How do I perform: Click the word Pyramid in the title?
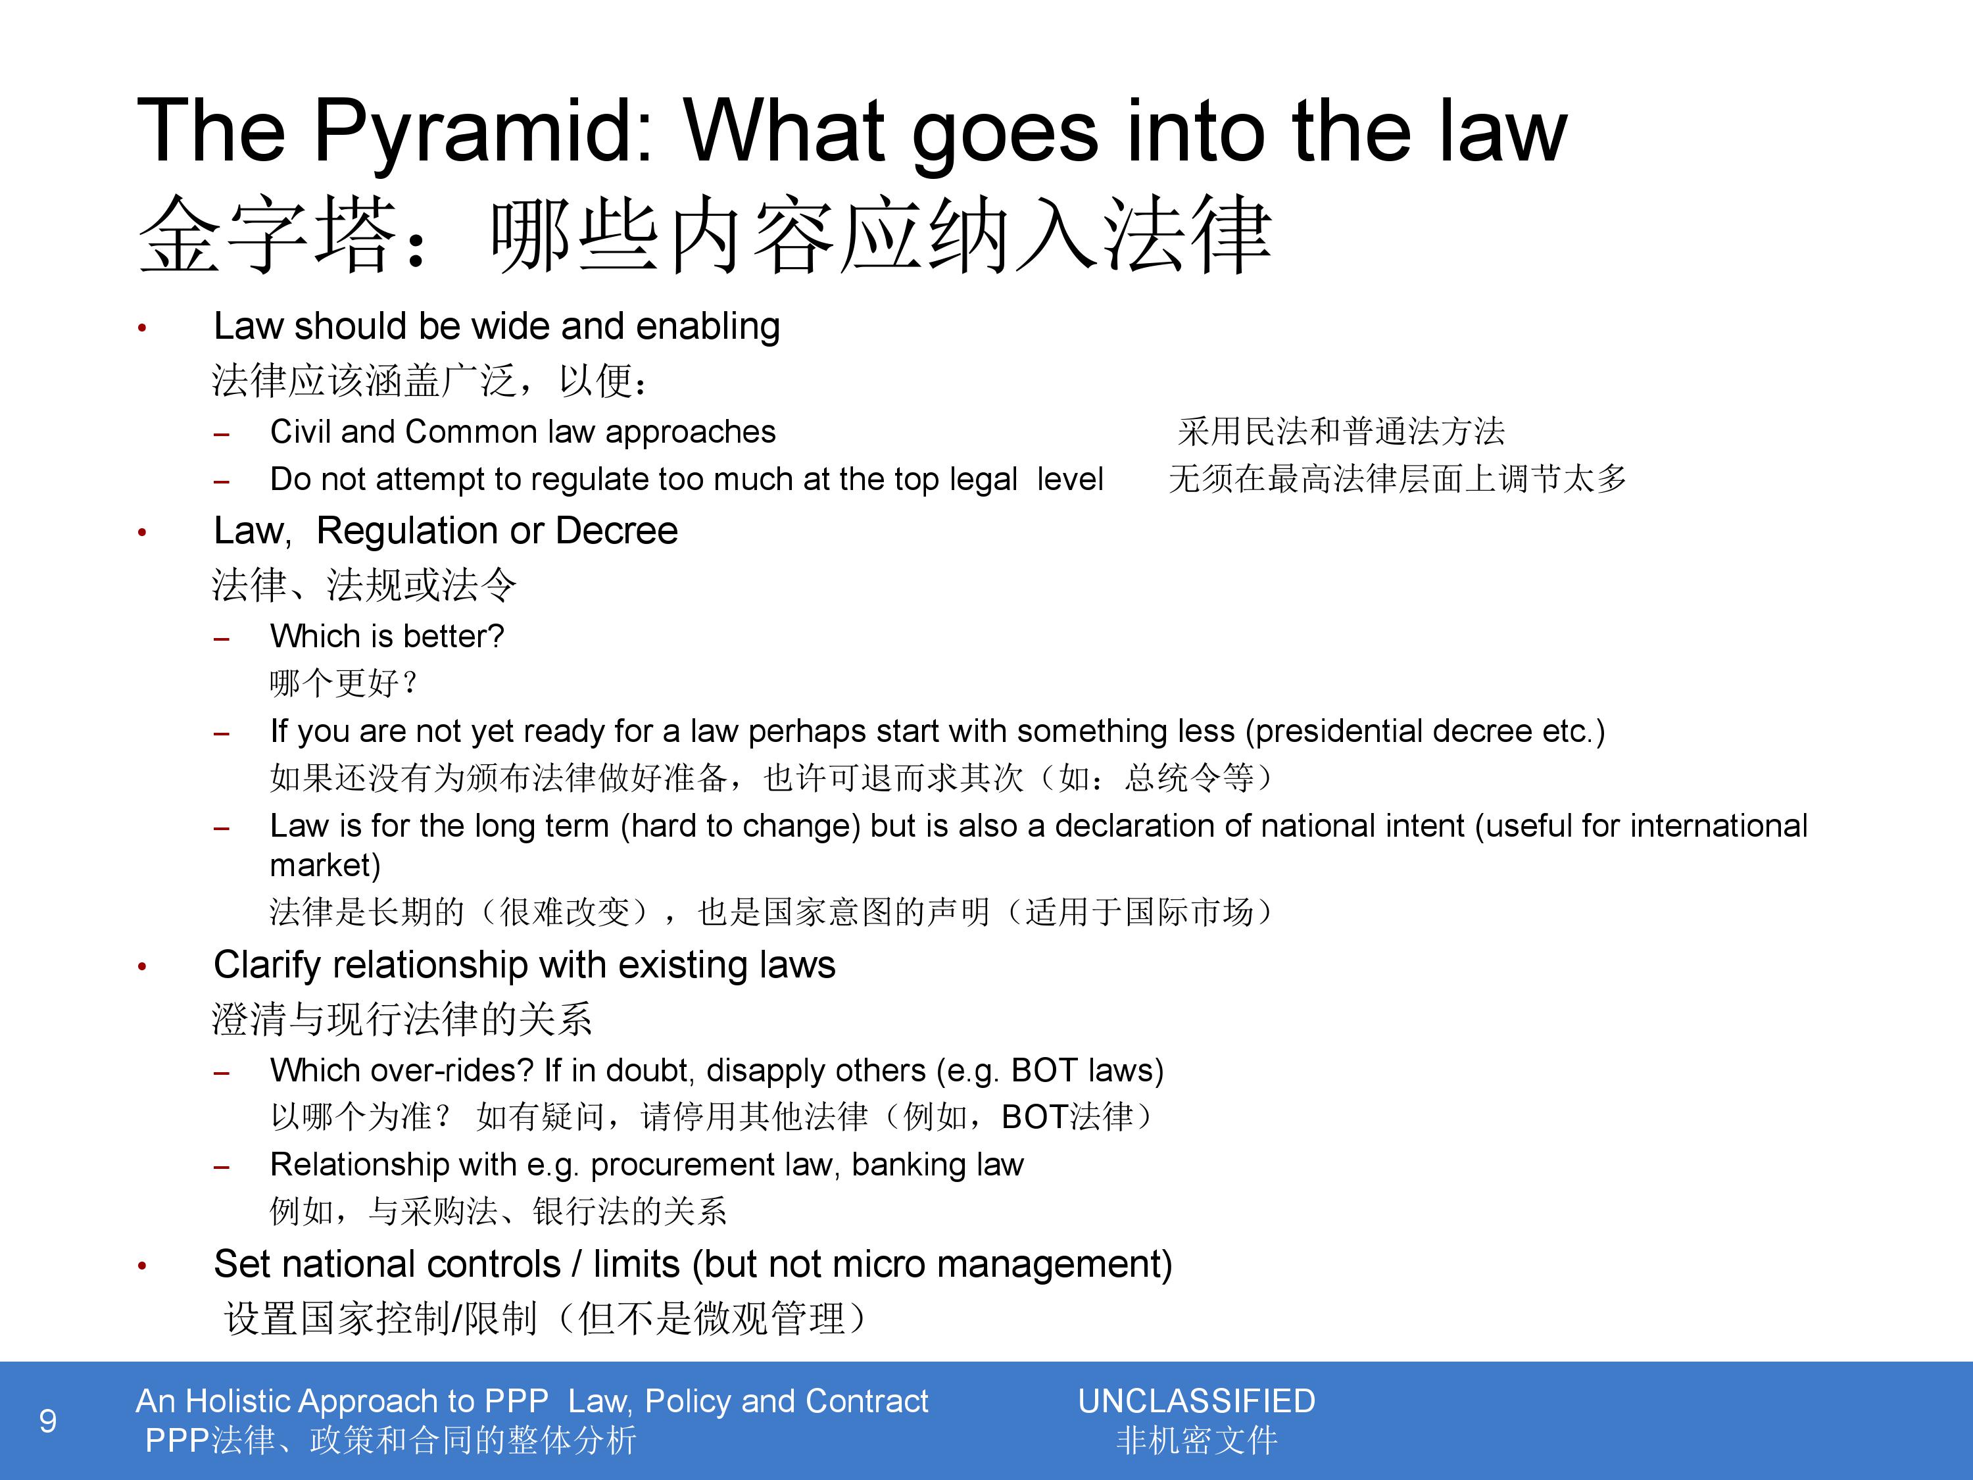tap(483, 133)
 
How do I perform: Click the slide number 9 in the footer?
tap(48, 1420)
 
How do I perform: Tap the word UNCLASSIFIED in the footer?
tap(1196, 1402)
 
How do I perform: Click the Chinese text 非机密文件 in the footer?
tap(1197, 1441)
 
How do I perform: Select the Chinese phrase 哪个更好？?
tap(343, 683)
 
